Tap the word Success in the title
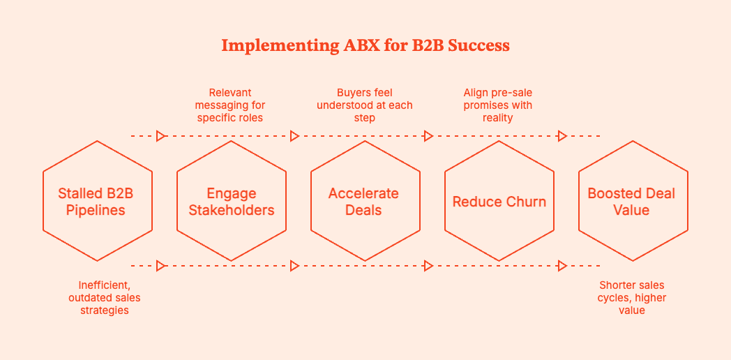[x=478, y=46]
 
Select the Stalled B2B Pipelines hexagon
[x=98, y=201]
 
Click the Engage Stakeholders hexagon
[x=232, y=201]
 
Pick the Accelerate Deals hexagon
[x=365, y=201]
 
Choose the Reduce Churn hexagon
[x=499, y=201]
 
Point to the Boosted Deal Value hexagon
[x=633, y=201]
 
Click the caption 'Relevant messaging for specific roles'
[x=231, y=105]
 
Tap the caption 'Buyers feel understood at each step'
[x=365, y=105]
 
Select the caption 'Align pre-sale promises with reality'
[x=498, y=105]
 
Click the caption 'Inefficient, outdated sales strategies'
[x=104, y=297]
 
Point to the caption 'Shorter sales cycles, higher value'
[x=631, y=297]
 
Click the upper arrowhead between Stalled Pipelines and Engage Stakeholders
[x=161, y=136]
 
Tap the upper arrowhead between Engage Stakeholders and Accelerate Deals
[x=295, y=136]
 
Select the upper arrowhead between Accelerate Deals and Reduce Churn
[x=429, y=136]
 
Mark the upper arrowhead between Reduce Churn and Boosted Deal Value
[x=562, y=136]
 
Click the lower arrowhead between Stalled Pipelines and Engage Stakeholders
[x=161, y=266]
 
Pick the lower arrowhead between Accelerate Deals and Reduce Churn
[x=429, y=266]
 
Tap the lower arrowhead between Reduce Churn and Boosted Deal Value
[x=562, y=266]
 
